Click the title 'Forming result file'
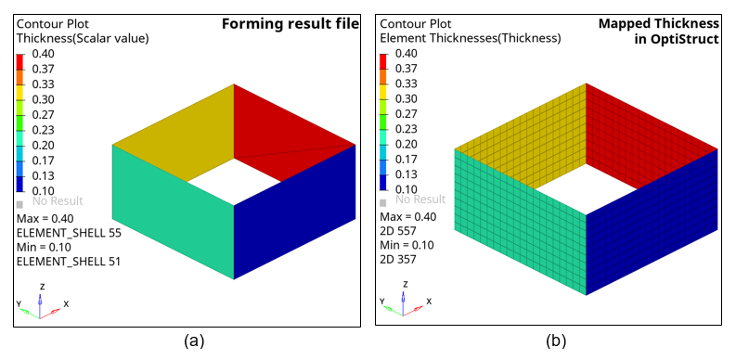pyautogui.click(x=291, y=24)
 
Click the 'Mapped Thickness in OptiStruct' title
pyautogui.click(x=659, y=31)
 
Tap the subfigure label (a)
pyautogui.click(x=194, y=341)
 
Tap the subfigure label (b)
pyautogui.click(x=557, y=341)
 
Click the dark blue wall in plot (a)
pyautogui.click(x=294, y=212)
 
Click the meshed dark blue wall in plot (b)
pyautogui.click(x=652, y=222)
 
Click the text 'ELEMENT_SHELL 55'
pyautogui.click(x=69, y=233)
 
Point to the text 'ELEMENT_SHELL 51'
pyautogui.click(x=69, y=262)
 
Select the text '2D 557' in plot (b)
pyautogui.click(x=397, y=231)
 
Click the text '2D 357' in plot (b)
pyautogui.click(x=397, y=259)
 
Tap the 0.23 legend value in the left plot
pyautogui.click(x=43, y=130)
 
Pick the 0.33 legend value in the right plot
pyautogui.click(x=406, y=84)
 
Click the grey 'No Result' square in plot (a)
pyautogui.click(x=19, y=205)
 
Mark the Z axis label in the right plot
pyautogui.click(x=406, y=285)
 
